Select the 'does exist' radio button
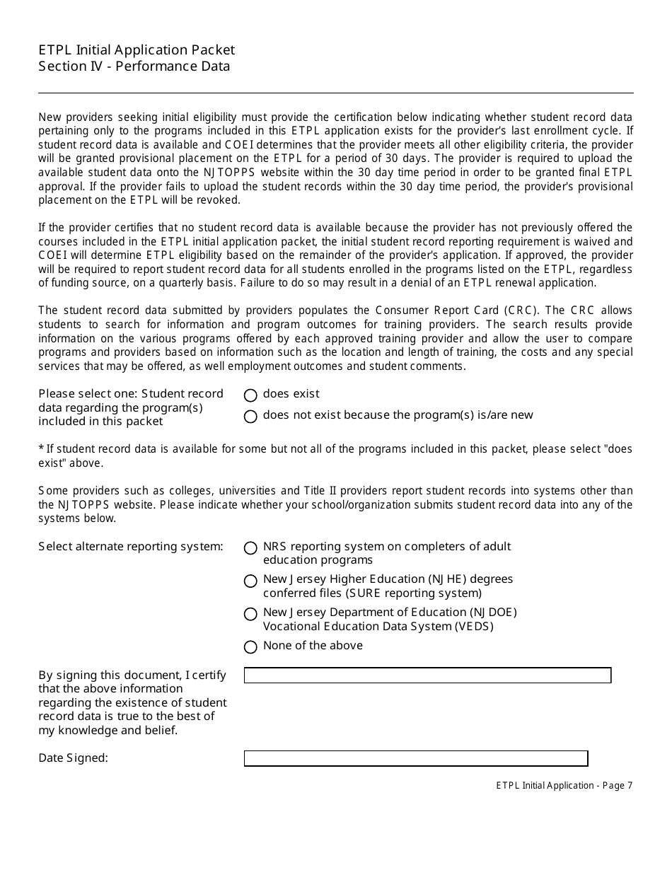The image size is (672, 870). [x=250, y=395]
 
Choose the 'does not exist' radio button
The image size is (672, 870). [x=250, y=417]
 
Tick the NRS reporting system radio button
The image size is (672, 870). [x=250, y=548]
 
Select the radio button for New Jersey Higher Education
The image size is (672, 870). [x=250, y=581]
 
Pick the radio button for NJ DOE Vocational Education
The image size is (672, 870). [x=250, y=614]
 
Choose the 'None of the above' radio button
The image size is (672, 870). [x=250, y=647]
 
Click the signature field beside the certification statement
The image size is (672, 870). [x=427, y=675]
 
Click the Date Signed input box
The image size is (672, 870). [x=416, y=759]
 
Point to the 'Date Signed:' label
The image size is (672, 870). [x=73, y=758]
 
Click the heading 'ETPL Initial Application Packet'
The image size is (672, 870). [x=137, y=50]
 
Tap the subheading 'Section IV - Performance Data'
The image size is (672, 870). [x=134, y=66]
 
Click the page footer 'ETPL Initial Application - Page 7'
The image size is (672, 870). [x=564, y=785]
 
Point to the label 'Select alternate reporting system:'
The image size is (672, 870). [x=131, y=546]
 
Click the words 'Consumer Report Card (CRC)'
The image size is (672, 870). [x=445, y=311]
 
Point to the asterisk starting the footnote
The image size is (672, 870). [x=41, y=448]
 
